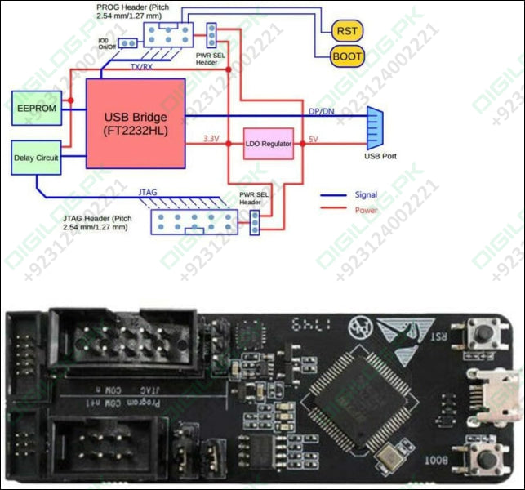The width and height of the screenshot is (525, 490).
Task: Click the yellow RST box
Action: click(347, 30)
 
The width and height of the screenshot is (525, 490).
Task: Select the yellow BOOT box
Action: click(347, 56)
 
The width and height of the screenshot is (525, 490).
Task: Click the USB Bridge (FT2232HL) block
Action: click(136, 122)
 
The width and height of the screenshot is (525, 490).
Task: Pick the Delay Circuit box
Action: click(37, 158)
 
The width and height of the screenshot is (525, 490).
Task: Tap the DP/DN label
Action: click(321, 111)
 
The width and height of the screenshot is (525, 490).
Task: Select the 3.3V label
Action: click(211, 138)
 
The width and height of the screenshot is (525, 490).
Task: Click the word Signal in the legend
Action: click(366, 194)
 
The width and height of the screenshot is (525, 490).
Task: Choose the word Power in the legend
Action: click(366, 210)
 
